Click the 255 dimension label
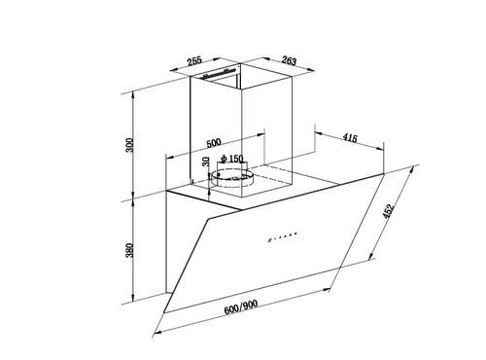click(194, 60)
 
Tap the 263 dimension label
click(289, 60)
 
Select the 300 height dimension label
click(129, 145)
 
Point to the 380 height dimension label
click(129, 250)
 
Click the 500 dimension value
click(214, 143)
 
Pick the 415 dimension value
click(350, 138)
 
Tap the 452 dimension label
click(388, 211)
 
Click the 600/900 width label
click(241, 306)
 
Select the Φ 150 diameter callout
click(231, 159)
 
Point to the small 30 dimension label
click(206, 162)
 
